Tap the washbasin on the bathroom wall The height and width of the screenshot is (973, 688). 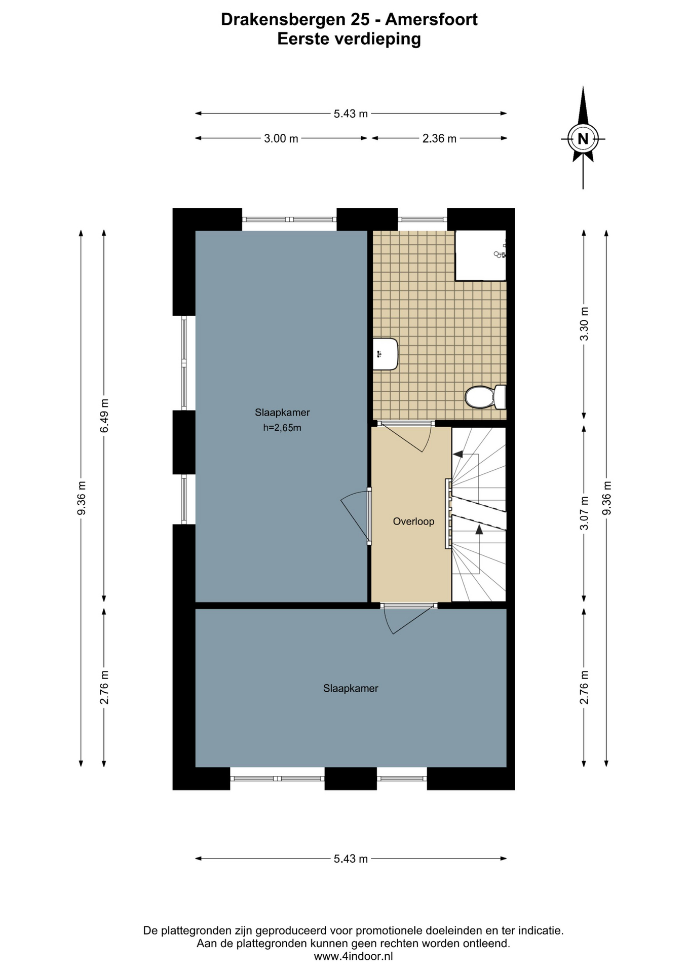point(386,354)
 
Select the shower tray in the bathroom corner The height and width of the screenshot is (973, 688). point(480,255)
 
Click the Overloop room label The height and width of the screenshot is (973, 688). point(413,521)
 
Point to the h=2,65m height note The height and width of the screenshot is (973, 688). point(282,428)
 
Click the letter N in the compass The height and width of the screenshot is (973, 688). point(583,138)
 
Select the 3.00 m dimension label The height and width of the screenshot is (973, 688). point(281,138)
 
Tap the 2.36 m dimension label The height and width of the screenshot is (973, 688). point(440,138)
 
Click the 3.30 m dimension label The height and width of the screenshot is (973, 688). point(585,324)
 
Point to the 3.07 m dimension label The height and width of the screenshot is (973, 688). point(585,513)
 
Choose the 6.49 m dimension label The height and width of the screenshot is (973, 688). point(104,416)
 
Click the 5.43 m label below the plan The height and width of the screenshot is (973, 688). point(351,859)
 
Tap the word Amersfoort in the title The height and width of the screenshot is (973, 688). point(431,19)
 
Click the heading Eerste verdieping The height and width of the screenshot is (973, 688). point(349,39)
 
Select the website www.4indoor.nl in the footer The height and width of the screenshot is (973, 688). point(353,956)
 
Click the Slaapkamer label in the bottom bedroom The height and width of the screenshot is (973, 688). point(351,689)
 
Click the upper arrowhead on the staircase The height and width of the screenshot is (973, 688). point(457,455)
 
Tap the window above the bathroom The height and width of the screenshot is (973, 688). point(422,219)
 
